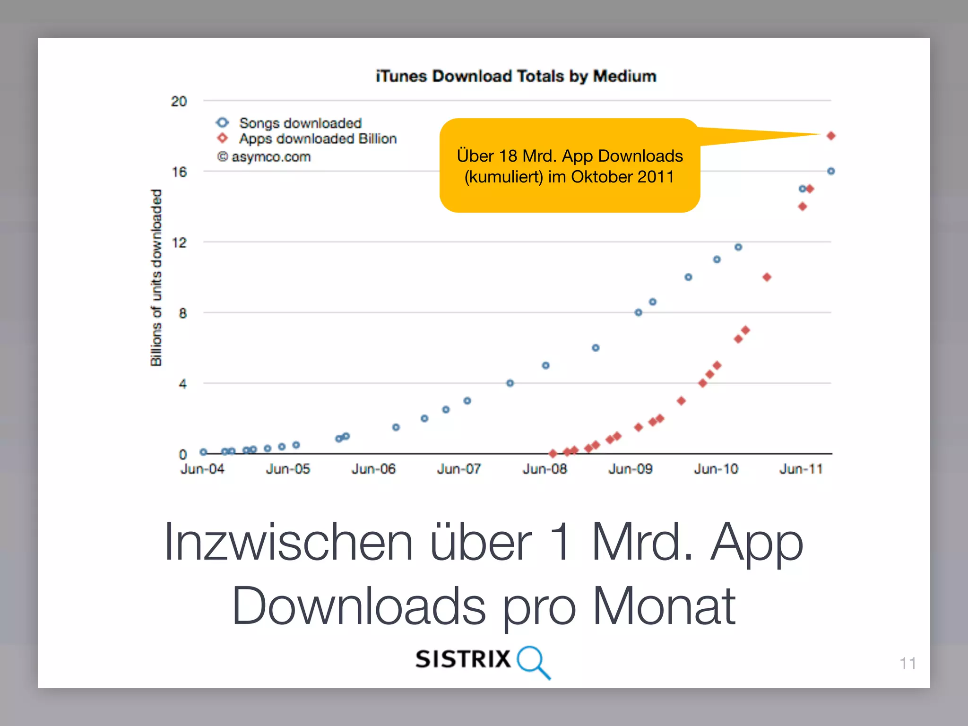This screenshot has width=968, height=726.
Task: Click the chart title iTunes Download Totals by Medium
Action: point(516,76)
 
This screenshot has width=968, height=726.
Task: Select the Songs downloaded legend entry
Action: point(300,123)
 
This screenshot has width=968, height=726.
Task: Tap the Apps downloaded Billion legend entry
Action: point(317,139)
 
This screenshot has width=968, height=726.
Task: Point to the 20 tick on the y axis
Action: point(179,101)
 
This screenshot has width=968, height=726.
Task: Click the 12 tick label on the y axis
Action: point(179,243)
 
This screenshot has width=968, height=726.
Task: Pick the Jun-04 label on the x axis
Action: point(202,469)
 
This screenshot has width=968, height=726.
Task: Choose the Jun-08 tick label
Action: point(544,469)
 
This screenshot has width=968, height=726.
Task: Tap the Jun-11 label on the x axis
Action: point(801,469)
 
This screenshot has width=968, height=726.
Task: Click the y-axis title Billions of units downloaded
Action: point(156,278)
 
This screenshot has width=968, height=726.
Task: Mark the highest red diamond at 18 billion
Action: point(831,136)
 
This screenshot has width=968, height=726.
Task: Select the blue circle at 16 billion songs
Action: point(831,171)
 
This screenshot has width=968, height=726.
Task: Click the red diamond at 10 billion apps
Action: point(767,277)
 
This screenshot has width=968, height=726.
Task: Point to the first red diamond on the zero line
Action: point(553,454)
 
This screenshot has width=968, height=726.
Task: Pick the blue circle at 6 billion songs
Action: point(596,348)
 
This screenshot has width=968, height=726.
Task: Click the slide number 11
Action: point(907,664)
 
